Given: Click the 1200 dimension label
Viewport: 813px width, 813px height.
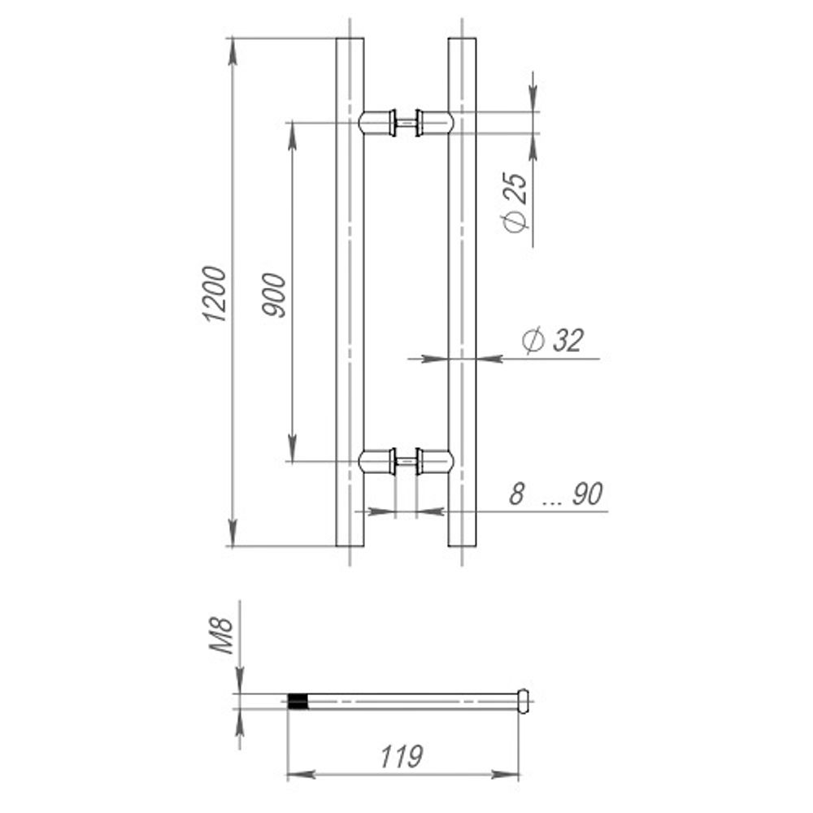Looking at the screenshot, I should pos(214,293).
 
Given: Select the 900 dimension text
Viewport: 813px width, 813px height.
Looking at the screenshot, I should pos(276,295).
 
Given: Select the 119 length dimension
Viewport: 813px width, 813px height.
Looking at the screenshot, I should pos(402,757).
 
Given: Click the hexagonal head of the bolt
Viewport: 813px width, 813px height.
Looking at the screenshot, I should pos(524,700).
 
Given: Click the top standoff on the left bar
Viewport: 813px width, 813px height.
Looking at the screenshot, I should pos(377,123).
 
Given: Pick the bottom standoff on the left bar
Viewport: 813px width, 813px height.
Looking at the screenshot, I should pos(377,462).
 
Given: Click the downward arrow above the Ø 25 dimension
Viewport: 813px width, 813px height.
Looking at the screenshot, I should pos(533,98).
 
